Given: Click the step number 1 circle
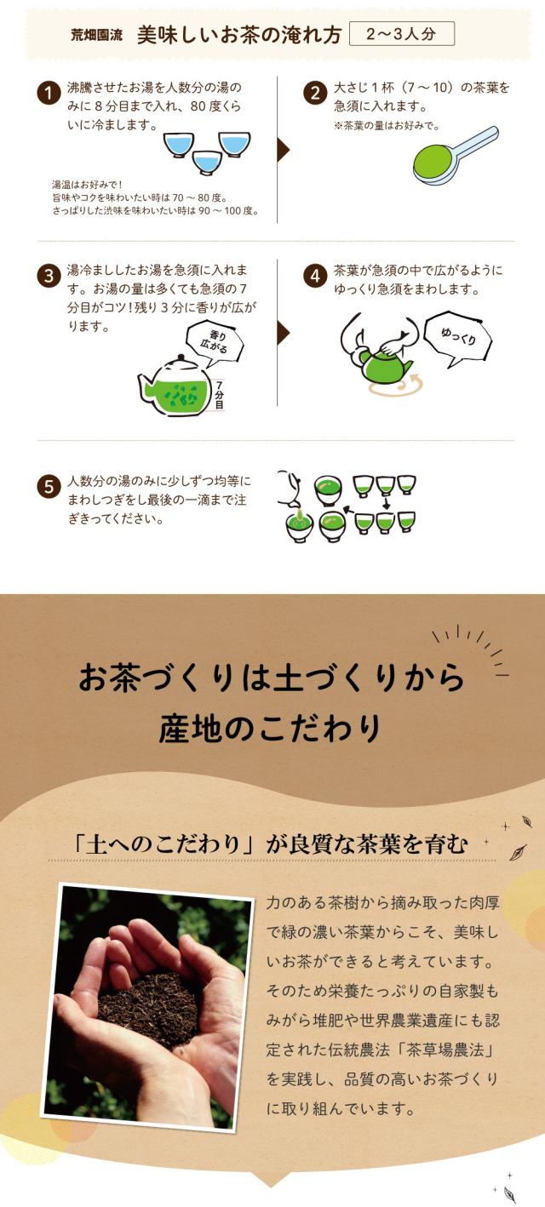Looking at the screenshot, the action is click(49, 94).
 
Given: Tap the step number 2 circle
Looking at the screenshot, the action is click(315, 94).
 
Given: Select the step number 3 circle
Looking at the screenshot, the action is click(49, 276).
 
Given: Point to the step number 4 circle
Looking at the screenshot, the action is click(315, 276).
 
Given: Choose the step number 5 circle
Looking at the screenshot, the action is click(49, 487).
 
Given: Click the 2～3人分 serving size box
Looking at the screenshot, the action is click(402, 34).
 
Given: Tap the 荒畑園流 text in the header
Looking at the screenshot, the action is click(97, 36).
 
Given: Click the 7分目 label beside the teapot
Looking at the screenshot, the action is click(219, 394).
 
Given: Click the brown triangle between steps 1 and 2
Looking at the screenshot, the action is click(284, 150).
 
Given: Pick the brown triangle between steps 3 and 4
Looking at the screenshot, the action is click(284, 332).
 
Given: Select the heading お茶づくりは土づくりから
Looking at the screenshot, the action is click(271, 678).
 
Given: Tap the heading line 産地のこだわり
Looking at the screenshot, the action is click(270, 729).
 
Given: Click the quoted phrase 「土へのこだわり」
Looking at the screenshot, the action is click(163, 844).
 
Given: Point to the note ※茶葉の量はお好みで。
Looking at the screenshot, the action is click(387, 126).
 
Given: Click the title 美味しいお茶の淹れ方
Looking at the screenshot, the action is click(239, 35).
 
